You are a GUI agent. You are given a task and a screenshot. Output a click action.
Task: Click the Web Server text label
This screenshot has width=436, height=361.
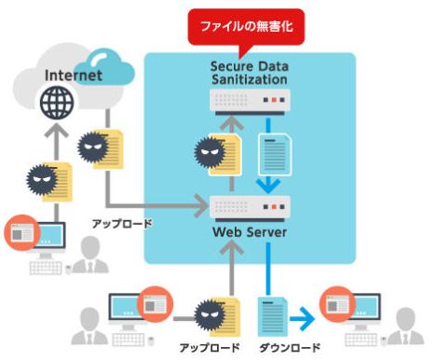pyautogui.click(x=249, y=230)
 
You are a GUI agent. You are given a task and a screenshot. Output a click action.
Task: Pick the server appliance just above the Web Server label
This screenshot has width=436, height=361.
pyautogui.click(x=249, y=204)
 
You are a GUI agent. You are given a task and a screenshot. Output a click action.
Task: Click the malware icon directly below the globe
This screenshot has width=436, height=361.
pyautogui.click(x=46, y=178)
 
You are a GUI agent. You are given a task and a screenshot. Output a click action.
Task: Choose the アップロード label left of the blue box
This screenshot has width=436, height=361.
pyautogui.click(x=121, y=225)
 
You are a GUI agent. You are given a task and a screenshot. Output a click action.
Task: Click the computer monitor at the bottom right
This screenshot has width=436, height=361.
pyautogui.click(x=347, y=308)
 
